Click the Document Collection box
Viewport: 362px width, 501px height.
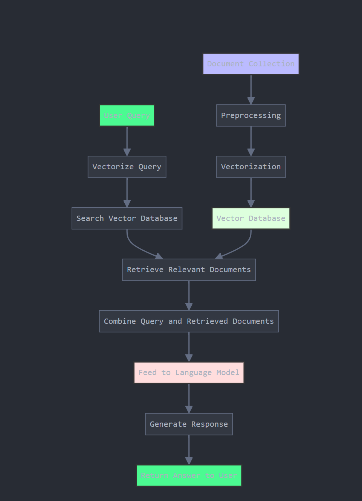point(251,64)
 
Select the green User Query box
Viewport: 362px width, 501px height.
point(127,115)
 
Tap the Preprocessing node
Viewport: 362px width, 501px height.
point(251,115)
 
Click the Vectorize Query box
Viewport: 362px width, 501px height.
point(127,167)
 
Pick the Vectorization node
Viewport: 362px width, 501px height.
point(251,167)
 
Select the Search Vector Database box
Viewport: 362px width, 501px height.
point(127,218)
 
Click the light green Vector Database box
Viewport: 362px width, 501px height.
point(251,218)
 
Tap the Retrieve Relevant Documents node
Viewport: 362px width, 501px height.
point(189,270)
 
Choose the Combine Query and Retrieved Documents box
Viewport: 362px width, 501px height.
point(189,321)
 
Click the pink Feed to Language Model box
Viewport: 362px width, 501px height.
point(189,372)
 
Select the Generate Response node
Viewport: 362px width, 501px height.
point(189,424)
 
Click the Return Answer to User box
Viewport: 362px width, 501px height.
point(189,475)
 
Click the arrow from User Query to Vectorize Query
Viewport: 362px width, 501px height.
point(127,140)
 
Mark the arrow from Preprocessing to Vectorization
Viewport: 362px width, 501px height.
point(251,140)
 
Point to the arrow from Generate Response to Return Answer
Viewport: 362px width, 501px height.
point(189,449)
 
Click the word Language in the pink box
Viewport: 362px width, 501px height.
point(193,373)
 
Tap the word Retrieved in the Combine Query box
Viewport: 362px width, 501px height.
point(207,321)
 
